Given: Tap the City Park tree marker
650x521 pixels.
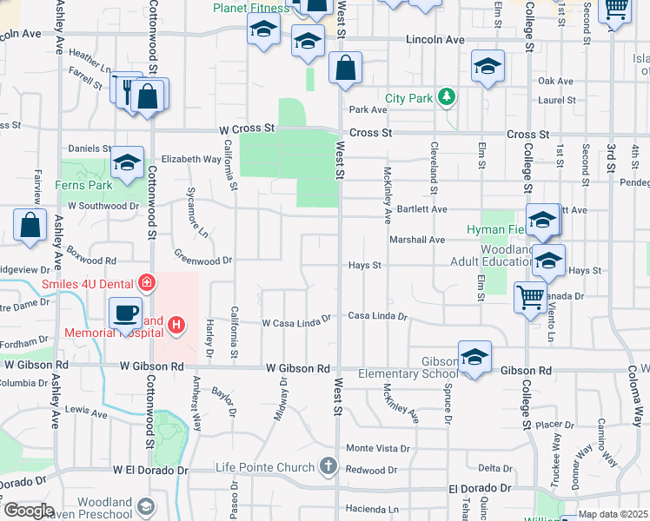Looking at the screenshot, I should tap(447, 98).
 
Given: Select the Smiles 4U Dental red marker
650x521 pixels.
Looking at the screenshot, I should tap(147, 283).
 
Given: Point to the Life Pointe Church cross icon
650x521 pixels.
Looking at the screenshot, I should tap(328, 467).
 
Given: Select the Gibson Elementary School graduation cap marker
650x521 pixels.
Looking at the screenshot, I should tap(474, 358).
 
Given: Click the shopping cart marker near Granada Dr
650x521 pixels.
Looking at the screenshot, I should tap(529, 298).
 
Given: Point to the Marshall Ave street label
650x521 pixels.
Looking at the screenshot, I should tap(417, 240).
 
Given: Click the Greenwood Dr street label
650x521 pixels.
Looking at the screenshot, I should tap(203, 259).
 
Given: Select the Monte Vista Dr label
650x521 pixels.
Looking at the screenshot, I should tap(378, 448).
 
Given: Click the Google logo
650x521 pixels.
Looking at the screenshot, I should tap(29, 511).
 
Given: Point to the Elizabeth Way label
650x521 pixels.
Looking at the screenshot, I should tap(191, 160).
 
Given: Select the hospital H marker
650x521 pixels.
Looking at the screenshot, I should tap(176, 326).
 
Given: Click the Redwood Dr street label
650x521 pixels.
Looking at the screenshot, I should tap(371, 470).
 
